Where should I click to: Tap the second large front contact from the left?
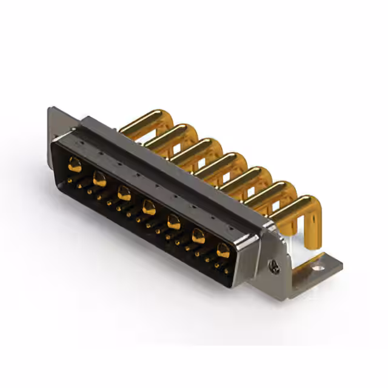pyautogui.click(x=99, y=179)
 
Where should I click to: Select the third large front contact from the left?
pyautogui.click(x=124, y=193)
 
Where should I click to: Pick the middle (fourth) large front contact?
pyautogui.click(x=149, y=209)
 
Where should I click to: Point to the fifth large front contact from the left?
pyautogui.click(x=173, y=222)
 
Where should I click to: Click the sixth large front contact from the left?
pyautogui.click(x=198, y=236)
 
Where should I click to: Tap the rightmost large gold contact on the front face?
pyautogui.click(x=223, y=250)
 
